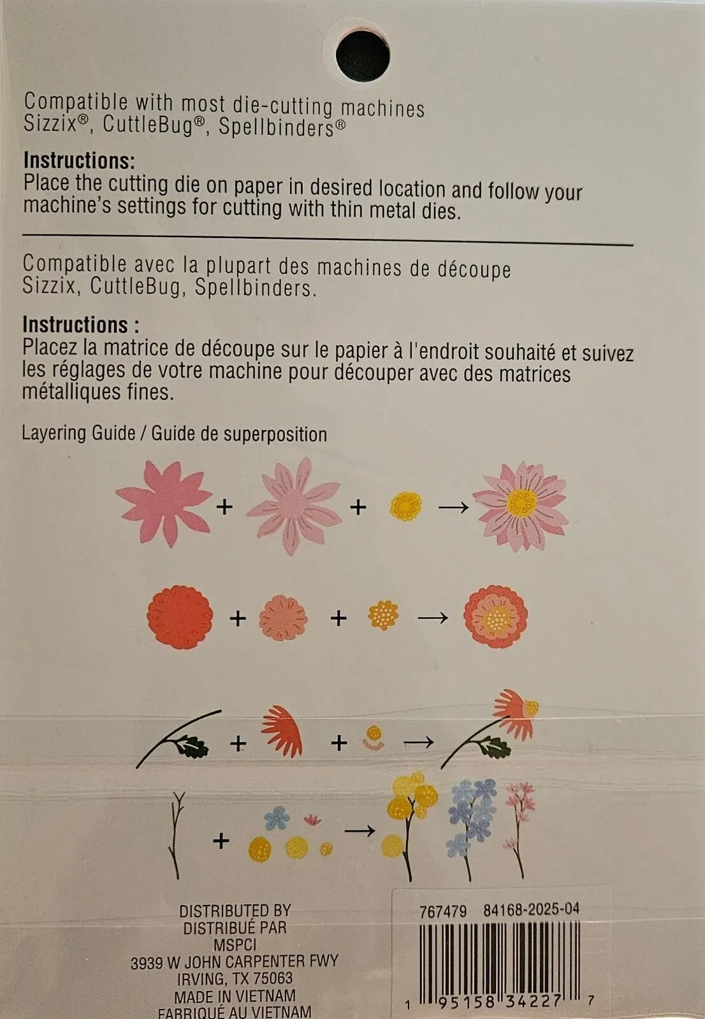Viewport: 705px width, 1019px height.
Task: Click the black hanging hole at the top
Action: point(363,56)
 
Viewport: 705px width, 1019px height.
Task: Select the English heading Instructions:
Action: point(79,160)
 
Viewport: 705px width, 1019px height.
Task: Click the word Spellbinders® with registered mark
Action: point(282,127)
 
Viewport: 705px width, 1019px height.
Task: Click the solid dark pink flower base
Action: point(164,504)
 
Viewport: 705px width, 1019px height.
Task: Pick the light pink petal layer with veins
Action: point(294,506)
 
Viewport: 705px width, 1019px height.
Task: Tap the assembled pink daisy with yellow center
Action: point(521,506)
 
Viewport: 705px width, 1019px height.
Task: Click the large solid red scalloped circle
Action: point(180,618)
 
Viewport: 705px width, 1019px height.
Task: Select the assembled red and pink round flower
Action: point(495,617)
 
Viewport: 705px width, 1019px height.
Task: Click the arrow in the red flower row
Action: point(433,618)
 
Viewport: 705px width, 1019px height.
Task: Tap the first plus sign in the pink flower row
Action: point(224,507)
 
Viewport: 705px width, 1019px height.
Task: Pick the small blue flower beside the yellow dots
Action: point(277,818)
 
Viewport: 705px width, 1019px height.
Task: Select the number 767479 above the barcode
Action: point(443,911)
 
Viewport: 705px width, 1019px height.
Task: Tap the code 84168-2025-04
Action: point(532,909)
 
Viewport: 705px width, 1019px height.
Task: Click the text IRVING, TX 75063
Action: point(235,978)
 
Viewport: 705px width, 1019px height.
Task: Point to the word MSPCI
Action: point(235,945)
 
